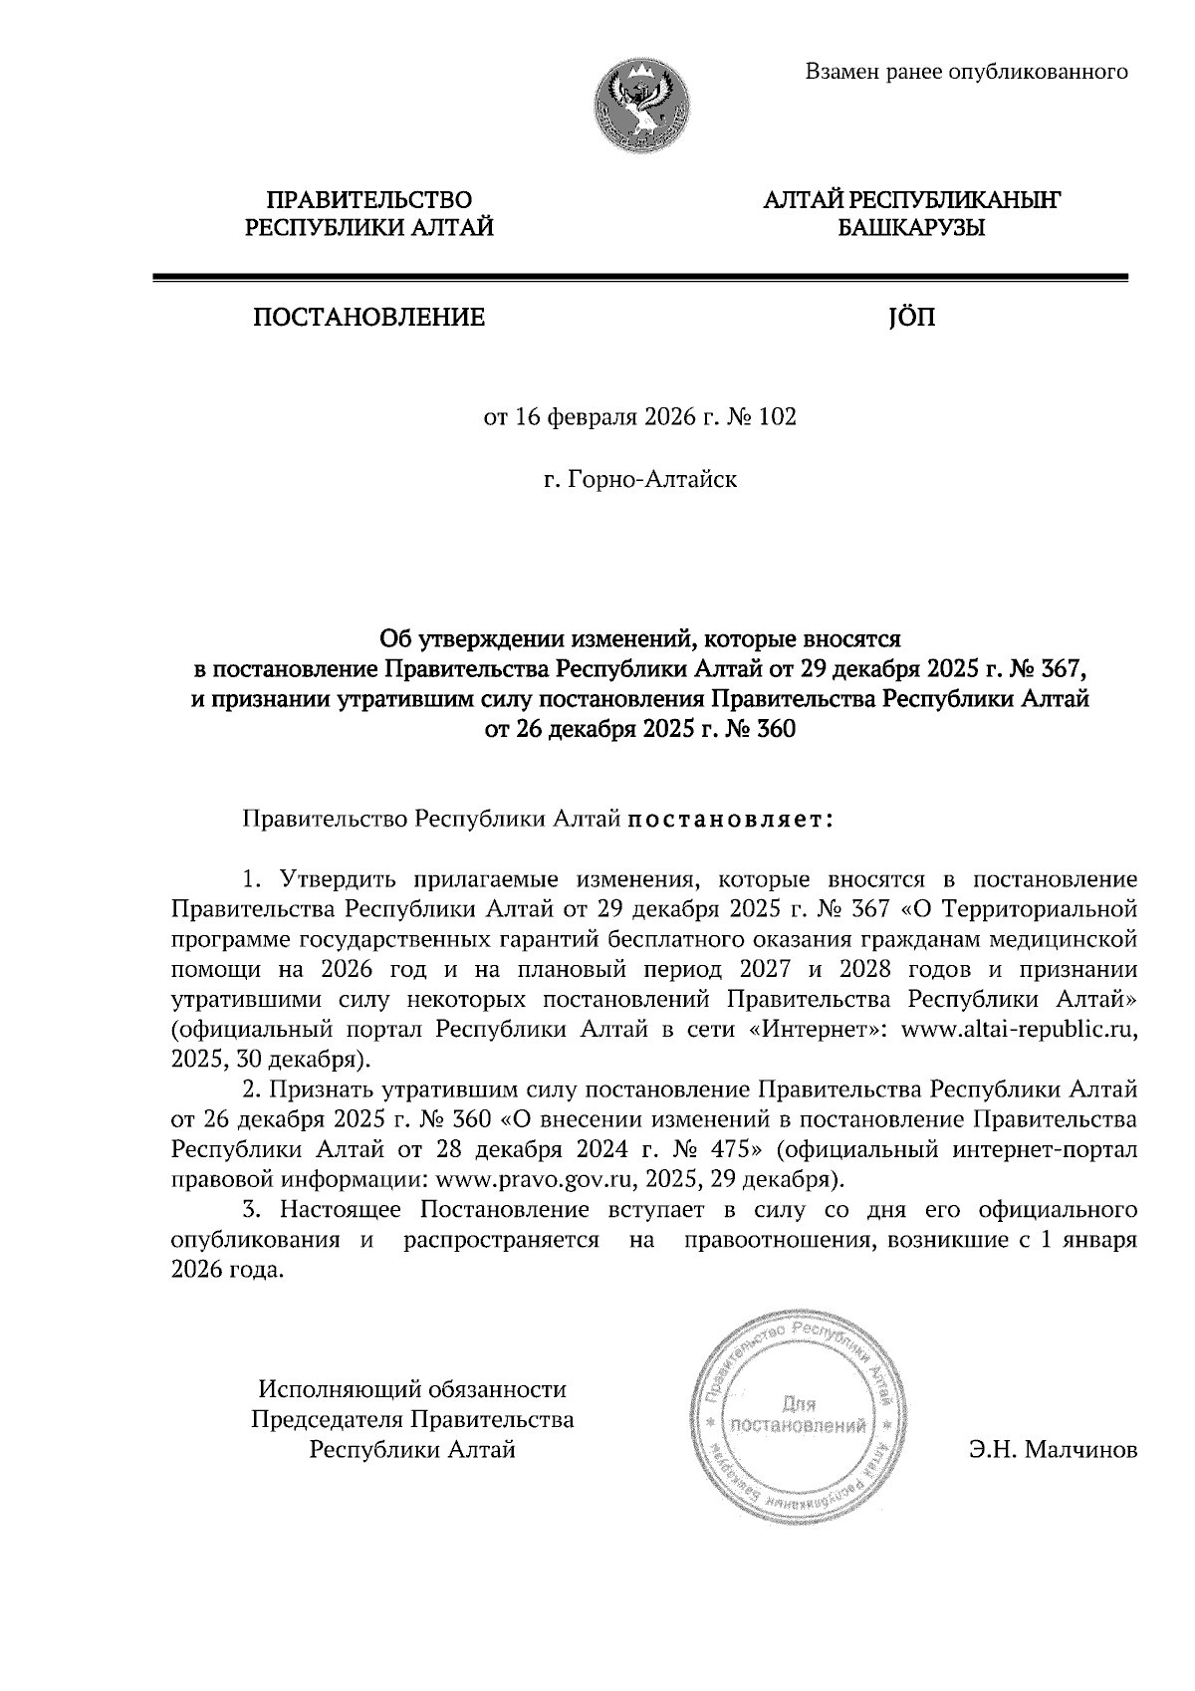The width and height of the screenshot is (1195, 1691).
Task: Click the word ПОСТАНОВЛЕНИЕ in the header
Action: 369,318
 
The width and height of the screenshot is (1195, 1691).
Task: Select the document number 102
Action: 777,417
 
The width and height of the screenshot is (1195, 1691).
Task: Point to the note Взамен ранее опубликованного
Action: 966,71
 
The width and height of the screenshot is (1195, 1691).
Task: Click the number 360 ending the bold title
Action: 777,730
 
